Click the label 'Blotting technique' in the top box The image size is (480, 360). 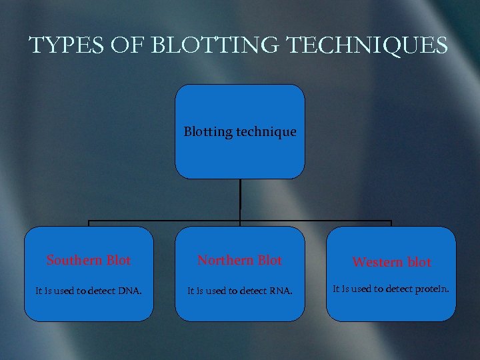tap(240, 132)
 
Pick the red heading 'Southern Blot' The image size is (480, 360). tap(89, 261)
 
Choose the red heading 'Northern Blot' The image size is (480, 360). tap(240, 261)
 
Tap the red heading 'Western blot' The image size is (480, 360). tap(391, 263)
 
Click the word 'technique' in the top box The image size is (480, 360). tap(265, 132)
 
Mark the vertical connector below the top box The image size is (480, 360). tap(240, 199)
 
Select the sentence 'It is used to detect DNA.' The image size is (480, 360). tap(89, 291)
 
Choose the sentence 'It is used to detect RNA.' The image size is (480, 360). tap(240, 291)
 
